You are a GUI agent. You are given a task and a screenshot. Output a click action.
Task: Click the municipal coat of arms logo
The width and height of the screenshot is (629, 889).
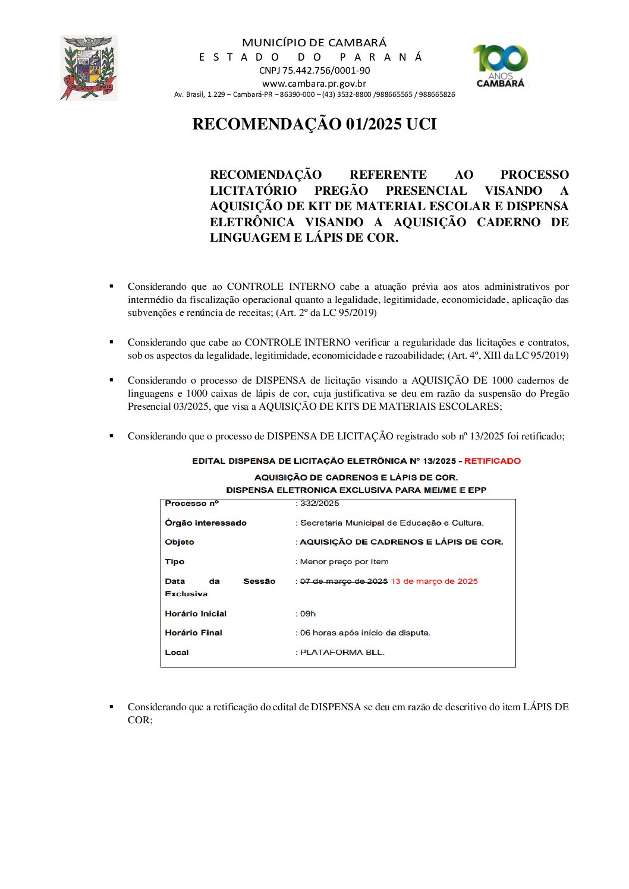tap(88, 68)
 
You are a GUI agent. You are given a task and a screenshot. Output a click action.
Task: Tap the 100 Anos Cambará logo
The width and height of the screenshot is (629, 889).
tap(501, 66)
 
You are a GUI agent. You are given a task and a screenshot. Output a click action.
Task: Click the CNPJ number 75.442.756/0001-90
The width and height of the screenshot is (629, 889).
tap(314, 70)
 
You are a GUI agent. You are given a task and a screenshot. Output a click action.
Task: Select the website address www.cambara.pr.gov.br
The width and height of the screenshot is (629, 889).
tap(314, 83)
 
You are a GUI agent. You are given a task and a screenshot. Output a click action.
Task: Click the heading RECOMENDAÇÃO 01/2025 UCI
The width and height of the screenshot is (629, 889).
tap(314, 124)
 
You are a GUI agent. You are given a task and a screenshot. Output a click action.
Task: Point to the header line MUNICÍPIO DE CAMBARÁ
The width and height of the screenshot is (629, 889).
tap(314, 43)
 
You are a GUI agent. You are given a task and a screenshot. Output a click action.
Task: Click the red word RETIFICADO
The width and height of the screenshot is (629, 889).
tap(492, 461)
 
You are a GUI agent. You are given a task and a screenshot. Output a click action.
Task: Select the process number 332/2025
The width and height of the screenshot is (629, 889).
tap(319, 503)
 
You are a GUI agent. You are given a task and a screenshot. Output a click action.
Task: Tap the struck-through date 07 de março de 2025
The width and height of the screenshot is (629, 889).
tap(344, 581)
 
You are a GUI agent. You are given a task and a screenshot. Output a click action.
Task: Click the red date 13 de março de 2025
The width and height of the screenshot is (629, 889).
tap(435, 581)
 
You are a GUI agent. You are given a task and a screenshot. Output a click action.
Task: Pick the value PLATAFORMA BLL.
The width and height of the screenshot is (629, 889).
tap(342, 652)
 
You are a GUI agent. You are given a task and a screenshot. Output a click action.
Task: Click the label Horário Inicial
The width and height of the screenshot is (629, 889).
tap(196, 613)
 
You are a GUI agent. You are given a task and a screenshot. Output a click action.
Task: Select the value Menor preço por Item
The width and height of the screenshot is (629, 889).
tap(344, 561)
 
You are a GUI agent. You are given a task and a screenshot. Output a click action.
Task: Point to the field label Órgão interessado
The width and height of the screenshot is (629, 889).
tap(206, 523)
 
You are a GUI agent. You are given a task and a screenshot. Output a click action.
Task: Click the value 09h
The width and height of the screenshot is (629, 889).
tap(307, 613)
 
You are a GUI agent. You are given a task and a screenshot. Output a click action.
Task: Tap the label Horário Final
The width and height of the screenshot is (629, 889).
tap(193, 632)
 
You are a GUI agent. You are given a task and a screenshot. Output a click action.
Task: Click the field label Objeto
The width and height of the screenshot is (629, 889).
tap(180, 542)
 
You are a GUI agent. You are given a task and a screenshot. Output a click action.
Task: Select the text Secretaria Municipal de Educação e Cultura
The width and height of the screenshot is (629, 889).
tap(392, 523)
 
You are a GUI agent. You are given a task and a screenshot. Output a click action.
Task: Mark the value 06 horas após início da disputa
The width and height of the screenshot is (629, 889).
tap(365, 632)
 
